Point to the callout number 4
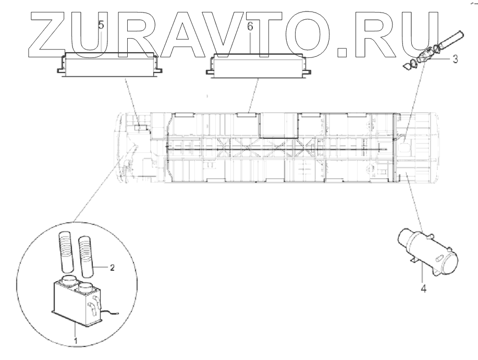(x=423, y=288)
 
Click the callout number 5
(x=102, y=25)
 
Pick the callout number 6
(x=250, y=26)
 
